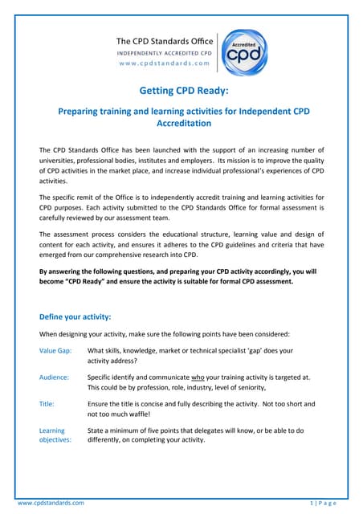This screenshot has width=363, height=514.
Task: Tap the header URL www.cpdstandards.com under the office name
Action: [163, 62]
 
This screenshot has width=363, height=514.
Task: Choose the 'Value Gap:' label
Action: [56, 351]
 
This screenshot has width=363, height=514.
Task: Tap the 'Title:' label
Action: [47, 403]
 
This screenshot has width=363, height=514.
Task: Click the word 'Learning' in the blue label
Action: [53, 430]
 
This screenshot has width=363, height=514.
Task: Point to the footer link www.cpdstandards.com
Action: [51, 503]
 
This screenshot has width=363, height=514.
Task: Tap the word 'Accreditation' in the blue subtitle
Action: [181, 124]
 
